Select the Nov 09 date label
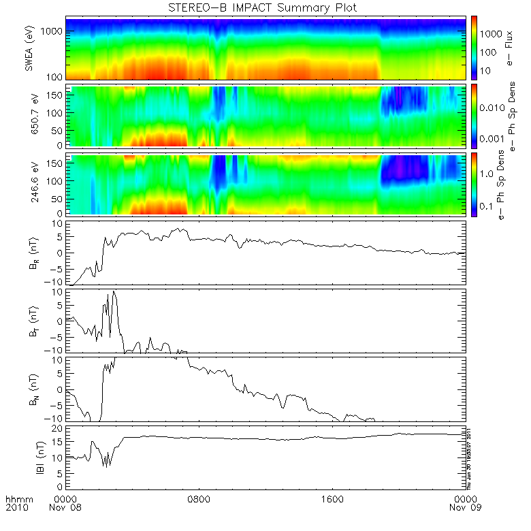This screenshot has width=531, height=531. point(464,509)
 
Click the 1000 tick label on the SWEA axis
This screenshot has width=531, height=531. point(53,31)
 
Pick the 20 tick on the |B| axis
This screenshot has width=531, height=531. point(59,429)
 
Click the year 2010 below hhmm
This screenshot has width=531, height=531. point(16,509)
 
